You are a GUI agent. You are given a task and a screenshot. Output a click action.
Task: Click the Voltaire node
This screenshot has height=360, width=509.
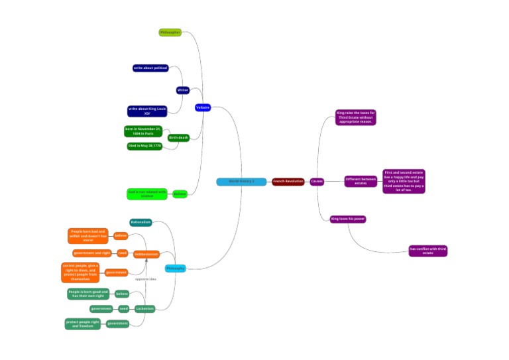tap(203, 107)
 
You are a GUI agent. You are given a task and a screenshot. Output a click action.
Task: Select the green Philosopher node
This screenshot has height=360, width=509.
tap(170, 32)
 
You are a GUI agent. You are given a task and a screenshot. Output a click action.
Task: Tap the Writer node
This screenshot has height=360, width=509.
tap(183, 90)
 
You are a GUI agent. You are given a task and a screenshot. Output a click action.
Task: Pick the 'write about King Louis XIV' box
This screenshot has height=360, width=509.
tap(147, 111)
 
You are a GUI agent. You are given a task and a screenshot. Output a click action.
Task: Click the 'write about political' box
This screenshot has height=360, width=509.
tap(150, 68)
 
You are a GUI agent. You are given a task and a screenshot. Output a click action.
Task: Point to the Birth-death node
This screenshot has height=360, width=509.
tap(178, 138)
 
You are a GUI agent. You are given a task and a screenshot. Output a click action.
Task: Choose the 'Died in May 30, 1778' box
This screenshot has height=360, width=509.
tap(144, 147)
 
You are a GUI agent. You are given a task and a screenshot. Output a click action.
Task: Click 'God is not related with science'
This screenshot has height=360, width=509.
tap(146, 194)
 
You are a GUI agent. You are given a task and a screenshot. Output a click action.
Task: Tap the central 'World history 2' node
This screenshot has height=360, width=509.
tap(241, 182)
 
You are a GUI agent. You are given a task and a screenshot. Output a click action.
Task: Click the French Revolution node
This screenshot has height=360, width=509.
tap(288, 182)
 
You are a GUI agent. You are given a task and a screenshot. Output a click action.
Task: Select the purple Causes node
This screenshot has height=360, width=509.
tap(317, 182)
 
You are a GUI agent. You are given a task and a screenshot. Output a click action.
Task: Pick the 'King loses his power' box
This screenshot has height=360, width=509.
tap(348, 219)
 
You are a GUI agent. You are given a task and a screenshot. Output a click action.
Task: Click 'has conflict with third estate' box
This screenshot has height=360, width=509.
tap(428, 251)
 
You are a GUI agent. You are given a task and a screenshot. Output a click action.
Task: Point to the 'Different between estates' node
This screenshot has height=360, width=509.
tap(361, 181)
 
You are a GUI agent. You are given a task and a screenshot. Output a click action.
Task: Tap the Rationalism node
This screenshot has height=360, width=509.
tap(141, 222)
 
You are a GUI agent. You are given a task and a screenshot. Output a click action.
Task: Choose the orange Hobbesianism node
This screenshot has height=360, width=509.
tap(146, 254)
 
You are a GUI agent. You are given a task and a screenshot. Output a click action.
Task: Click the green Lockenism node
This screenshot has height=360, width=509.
tap(144, 309)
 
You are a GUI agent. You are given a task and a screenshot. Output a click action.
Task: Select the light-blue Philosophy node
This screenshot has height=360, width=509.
tap(175, 269)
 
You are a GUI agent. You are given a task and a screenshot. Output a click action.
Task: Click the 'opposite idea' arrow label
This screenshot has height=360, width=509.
tap(146, 279)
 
